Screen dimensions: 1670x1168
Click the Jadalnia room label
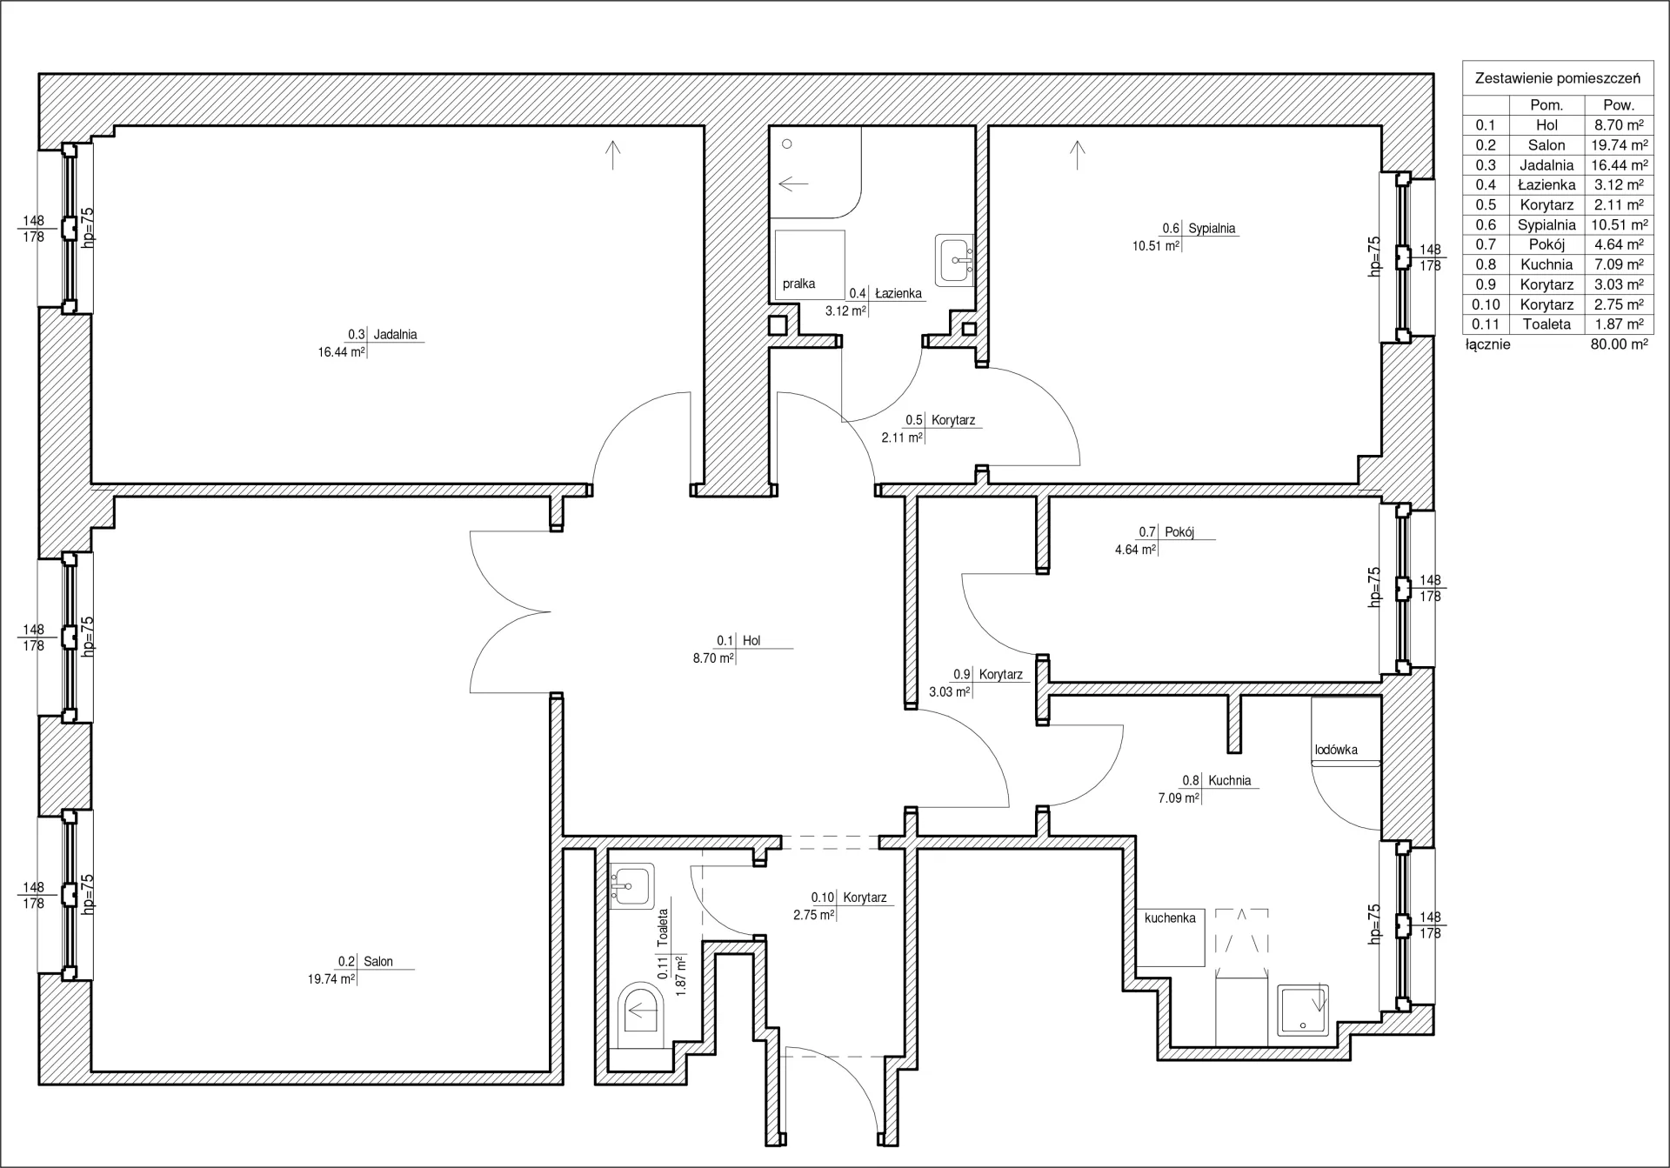395,334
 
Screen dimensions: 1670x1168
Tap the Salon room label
378,961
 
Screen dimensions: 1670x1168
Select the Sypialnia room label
1212,229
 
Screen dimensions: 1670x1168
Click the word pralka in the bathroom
798,284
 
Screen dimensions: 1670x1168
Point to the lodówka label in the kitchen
1336,750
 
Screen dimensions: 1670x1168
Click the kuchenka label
1170,918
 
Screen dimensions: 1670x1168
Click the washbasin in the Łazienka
954,259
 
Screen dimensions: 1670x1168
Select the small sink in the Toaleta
631,886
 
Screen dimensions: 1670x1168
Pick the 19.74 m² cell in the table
1619,145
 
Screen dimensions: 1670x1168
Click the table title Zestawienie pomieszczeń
1558,78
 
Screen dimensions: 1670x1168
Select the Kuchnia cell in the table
1546,264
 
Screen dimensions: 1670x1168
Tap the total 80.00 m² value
1619,344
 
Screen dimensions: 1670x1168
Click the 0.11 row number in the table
1486,324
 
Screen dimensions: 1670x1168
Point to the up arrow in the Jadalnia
613,155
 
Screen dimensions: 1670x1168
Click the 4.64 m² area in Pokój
1135,550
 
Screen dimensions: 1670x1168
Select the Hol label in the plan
751,641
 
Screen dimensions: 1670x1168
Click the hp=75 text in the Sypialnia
1374,257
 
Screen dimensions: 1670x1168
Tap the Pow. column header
1619,105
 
